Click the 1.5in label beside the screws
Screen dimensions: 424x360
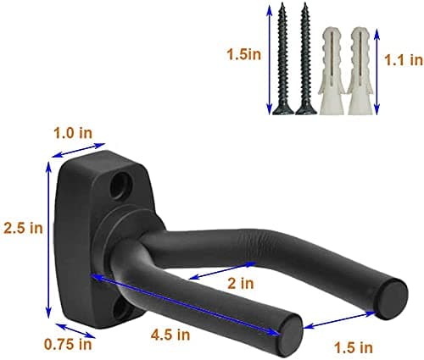click(x=244, y=54)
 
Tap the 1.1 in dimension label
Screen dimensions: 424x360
click(x=404, y=60)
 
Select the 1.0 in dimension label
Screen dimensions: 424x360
click(x=73, y=133)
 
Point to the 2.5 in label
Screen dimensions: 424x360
click(x=23, y=228)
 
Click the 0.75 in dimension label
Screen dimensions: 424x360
click(x=68, y=344)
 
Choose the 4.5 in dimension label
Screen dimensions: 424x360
click(x=170, y=335)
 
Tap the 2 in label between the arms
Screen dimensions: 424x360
click(x=241, y=283)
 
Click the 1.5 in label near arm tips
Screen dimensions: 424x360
click(x=354, y=347)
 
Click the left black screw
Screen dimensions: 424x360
click(x=282, y=58)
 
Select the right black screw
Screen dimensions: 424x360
click(x=305, y=58)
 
